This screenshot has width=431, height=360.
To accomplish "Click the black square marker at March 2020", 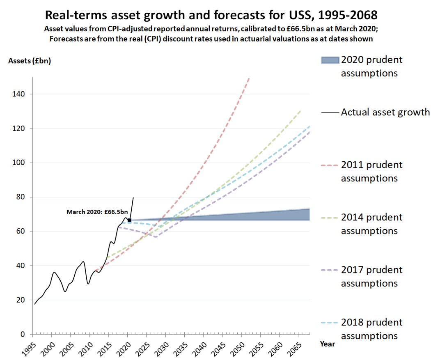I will pyautogui.click(x=129, y=220).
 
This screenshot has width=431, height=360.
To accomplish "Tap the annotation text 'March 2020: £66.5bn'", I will pyautogui.click(x=97, y=212).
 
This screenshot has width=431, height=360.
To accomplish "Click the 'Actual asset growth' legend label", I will pyautogui.click(x=385, y=112).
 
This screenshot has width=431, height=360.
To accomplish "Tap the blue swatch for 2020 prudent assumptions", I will pyautogui.click(x=330, y=60).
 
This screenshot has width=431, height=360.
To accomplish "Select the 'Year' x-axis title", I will pyautogui.click(x=328, y=344).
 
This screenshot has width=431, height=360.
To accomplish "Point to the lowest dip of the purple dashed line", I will pyautogui.click(x=156, y=237).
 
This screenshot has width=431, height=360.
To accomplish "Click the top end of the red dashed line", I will pyautogui.click(x=249, y=78).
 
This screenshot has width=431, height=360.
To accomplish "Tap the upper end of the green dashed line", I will pyautogui.click(x=301, y=110).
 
